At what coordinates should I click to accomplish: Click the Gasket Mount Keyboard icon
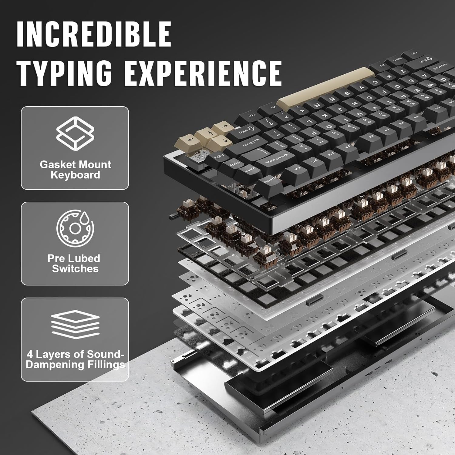(75, 133)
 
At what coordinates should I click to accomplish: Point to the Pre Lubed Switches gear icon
(75, 228)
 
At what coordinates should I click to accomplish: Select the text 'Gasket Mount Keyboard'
(75, 170)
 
